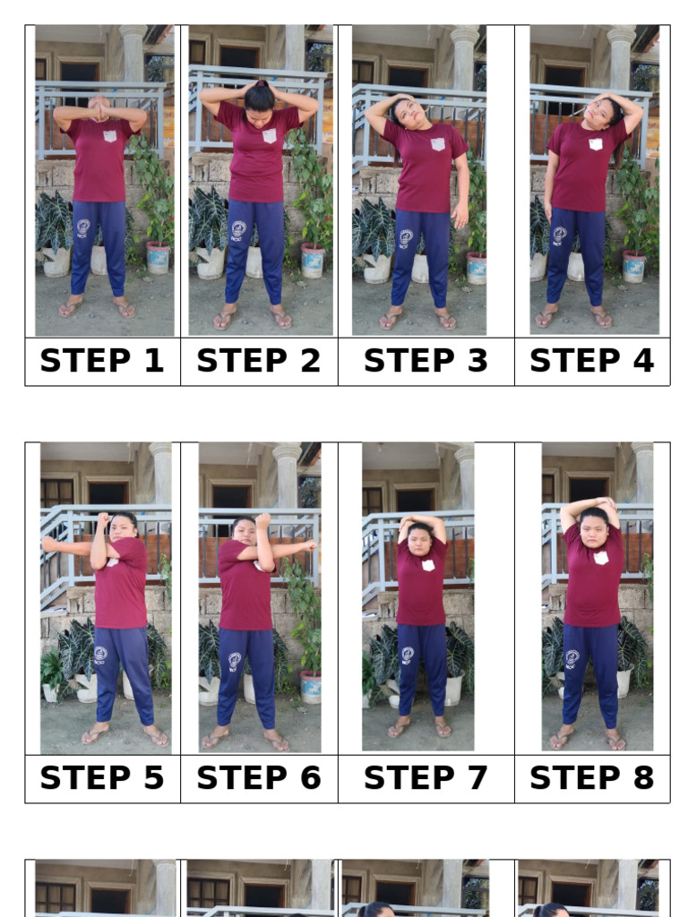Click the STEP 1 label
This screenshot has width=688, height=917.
pos(102,361)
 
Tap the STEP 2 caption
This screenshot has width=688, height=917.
pos(258,361)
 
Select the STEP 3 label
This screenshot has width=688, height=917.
pos(426,361)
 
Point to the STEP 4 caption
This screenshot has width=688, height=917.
pos(591,361)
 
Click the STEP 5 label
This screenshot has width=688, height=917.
pos(102,778)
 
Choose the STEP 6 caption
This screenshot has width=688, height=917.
pos(258,778)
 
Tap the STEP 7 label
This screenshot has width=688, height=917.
pos(426,778)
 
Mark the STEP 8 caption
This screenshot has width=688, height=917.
pos(591,778)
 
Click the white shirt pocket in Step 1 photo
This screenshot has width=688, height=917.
pos(110,136)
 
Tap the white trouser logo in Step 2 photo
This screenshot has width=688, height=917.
pos(237,230)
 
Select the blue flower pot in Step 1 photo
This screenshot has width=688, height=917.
pos(158,258)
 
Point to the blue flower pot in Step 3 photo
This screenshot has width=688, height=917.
pos(476,267)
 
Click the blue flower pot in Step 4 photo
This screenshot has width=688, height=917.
pos(634,266)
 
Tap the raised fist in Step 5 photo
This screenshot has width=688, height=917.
pos(103,518)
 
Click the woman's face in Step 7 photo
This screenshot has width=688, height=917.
pos(419,541)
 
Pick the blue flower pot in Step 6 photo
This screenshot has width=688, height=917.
pos(311,687)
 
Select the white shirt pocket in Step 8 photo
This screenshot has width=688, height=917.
pos(600,557)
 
